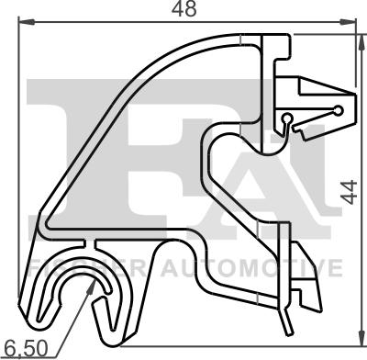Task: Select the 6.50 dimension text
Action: [x=25, y=349]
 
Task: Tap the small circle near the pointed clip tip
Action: [x=339, y=111]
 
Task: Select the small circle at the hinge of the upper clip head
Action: [x=289, y=118]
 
